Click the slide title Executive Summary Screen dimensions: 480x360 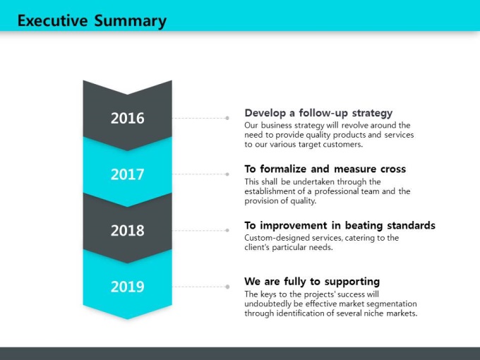click(x=92, y=21)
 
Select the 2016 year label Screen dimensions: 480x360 click(x=127, y=118)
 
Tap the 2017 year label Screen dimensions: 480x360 click(x=127, y=174)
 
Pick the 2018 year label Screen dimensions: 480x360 click(x=127, y=231)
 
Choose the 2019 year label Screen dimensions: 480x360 click(x=127, y=287)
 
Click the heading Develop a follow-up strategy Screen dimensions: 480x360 click(x=318, y=113)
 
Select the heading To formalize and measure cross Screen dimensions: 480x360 click(x=325, y=169)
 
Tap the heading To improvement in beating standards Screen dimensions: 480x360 click(x=340, y=226)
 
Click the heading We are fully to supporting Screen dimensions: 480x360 click(x=312, y=282)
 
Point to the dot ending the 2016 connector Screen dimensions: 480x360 click(x=227, y=118)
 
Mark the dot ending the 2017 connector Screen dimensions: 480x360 click(x=227, y=174)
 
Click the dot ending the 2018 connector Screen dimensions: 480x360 click(x=227, y=230)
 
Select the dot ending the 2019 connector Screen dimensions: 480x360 click(x=227, y=287)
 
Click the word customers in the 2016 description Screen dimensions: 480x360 click(x=345, y=145)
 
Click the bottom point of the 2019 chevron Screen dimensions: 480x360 click(x=127, y=319)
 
